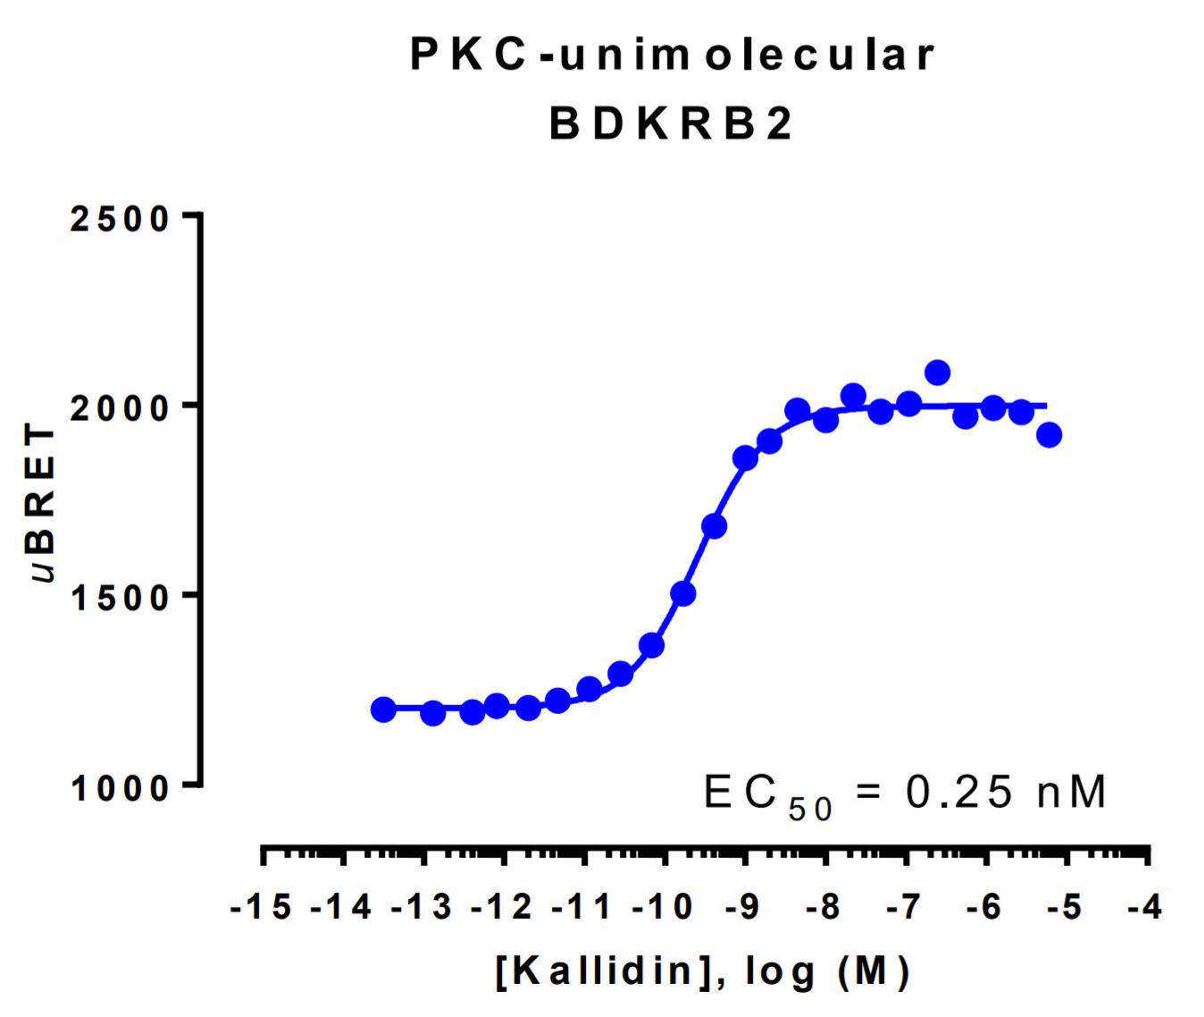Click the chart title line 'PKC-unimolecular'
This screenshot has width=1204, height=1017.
(672, 55)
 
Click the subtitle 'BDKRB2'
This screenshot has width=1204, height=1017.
(671, 124)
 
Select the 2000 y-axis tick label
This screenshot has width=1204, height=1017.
(121, 408)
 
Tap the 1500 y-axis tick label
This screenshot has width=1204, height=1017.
(121, 597)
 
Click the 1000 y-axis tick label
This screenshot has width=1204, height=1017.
(121, 787)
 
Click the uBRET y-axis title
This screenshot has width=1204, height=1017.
(42, 503)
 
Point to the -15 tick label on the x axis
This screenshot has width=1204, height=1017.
(261, 908)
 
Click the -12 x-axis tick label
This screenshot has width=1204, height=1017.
(502, 908)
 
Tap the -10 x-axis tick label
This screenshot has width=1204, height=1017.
(663, 908)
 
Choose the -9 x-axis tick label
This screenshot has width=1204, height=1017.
(743, 908)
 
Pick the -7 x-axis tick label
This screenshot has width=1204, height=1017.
(904, 908)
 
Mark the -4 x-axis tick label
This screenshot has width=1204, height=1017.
(1145, 908)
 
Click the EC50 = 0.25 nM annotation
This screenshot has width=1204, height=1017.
(905, 793)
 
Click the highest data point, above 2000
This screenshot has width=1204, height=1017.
(937, 373)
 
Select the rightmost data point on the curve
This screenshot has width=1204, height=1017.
(1049, 435)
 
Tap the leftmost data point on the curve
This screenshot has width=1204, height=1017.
(383, 710)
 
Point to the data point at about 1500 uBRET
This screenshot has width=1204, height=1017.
(683, 593)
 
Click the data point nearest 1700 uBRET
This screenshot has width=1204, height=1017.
(714, 526)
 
